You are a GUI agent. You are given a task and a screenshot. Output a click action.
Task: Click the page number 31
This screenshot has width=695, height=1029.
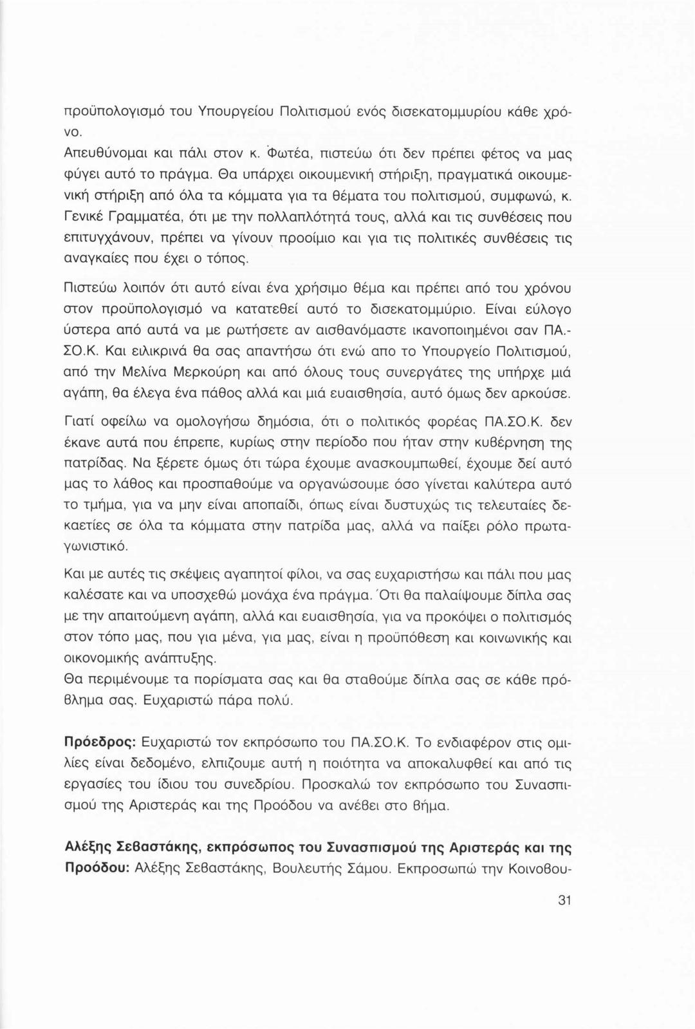pyautogui.click(x=564, y=900)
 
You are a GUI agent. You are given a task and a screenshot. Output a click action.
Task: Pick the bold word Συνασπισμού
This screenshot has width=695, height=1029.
pyautogui.click(x=374, y=847)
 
